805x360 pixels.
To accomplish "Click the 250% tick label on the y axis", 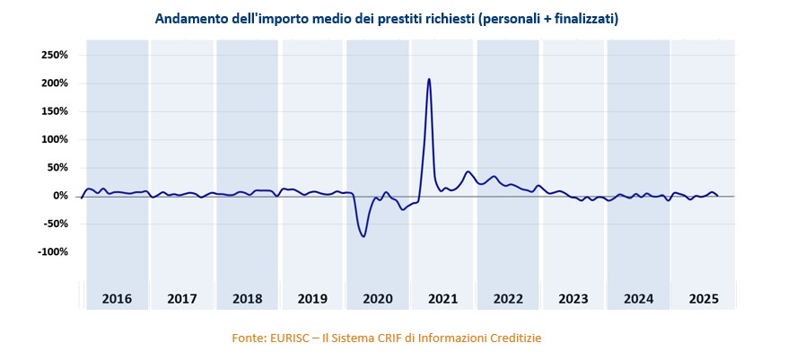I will [x=55, y=55].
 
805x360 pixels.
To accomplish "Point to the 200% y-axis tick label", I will [x=55, y=83].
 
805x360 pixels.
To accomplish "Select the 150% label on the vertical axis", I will [x=55, y=111].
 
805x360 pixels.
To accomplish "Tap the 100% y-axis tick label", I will [x=55, y=139].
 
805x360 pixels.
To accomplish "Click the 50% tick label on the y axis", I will [x=57, y=168].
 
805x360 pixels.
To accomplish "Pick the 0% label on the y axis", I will [x=60, y=196].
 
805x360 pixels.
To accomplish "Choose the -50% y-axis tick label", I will [x=56, y=224].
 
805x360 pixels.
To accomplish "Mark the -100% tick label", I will [x=53, y=251].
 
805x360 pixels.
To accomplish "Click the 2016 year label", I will [x=117, y=299].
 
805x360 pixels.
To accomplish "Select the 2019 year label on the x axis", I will [x=312, y=299].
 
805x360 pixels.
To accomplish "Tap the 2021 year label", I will [x=442, y=299].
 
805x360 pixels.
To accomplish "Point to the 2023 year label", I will [x=573, y=299].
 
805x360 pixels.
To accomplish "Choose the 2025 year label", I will [x=703, y=299].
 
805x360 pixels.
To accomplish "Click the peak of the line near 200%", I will [x=429, y=79].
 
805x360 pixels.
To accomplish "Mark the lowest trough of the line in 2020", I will [x=363, y=236].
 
